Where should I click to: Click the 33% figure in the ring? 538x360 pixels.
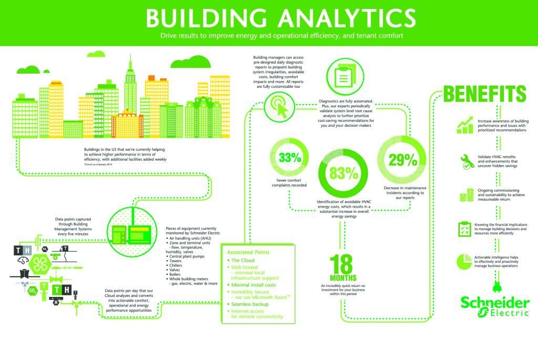tap(290, 157)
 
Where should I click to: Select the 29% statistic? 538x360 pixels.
tap(403, 159)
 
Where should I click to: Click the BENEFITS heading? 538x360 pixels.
tap(485, 94)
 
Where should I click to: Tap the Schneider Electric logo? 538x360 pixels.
tap(494, 307)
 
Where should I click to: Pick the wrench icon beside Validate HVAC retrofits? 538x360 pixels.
tap(465, 161)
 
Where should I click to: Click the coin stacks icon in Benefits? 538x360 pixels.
tap(465, 196)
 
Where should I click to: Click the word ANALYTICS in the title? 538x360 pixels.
tap(334, 19)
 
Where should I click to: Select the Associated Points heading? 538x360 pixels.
tap(248, 252)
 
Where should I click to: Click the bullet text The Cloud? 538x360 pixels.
tap(242, 261)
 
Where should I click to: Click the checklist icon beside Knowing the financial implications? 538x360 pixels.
tap(465, 229)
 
